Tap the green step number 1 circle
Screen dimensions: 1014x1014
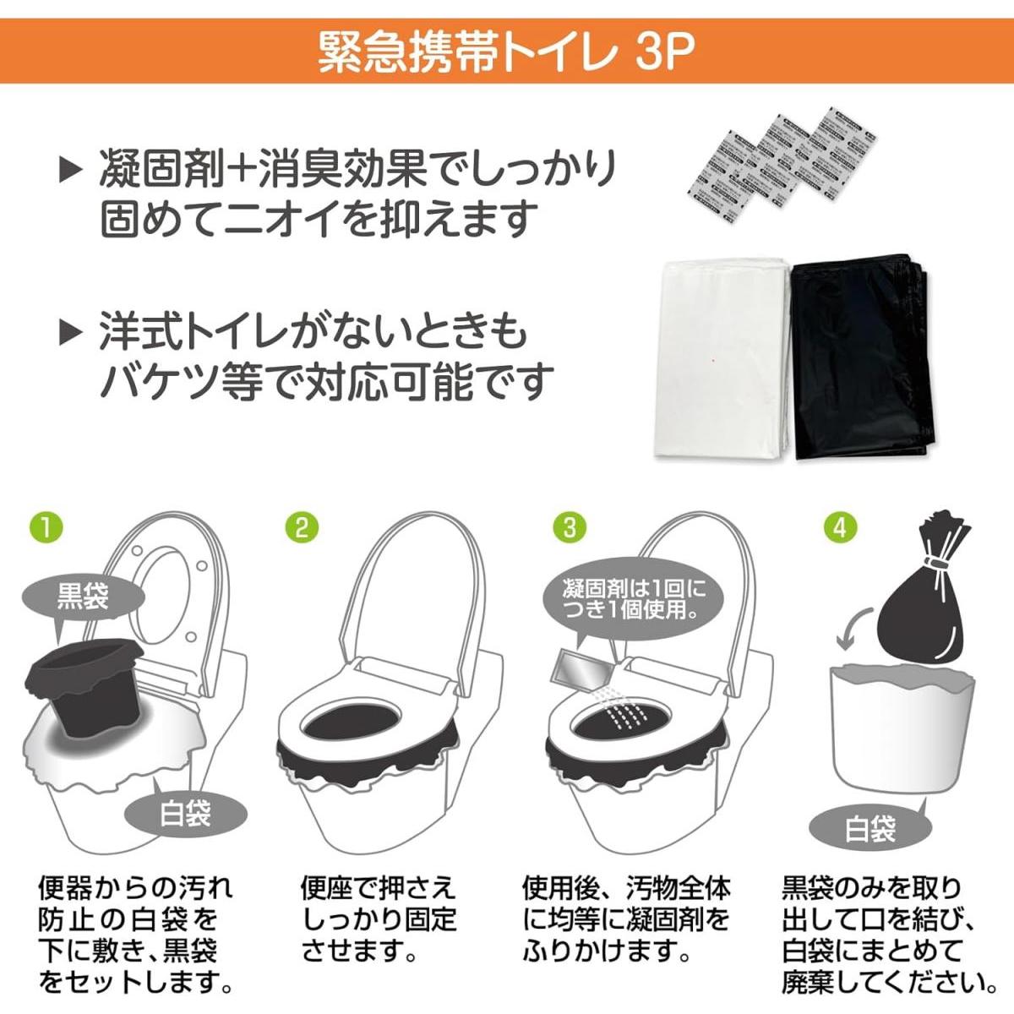pyautogui.click(x=46, y=527)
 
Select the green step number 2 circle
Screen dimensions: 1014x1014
pyautogui.click(x=302, y=527)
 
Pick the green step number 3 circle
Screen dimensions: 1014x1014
pyautogui.click(x=569, y=527)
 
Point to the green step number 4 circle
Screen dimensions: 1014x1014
pyautogui.click(x=839, y=527)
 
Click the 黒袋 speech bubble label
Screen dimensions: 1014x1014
pyautogui.click(x=82, y=597)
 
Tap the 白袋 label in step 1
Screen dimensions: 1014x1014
pyautogui.click(x=185, y=815)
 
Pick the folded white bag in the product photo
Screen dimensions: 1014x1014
pyautogui.click(x=723, y=358)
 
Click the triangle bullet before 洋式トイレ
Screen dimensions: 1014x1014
pyautogui.click(x=70, y=333)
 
